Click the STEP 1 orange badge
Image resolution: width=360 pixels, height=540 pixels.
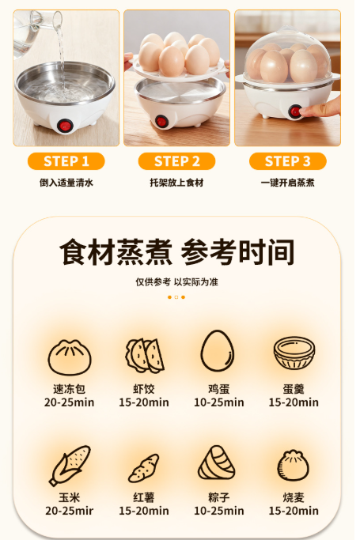click(66, 161)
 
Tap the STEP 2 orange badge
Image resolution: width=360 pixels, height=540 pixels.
click(176, 161)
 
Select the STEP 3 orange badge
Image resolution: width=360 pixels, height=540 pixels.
click(288, 161)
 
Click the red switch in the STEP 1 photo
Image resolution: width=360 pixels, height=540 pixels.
click(65, 126)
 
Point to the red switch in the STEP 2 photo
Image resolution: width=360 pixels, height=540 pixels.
click(161, 121)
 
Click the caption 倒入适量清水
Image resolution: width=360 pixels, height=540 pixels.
click(66, 183)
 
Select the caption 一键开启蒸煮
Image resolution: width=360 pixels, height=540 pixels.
click(288, 183)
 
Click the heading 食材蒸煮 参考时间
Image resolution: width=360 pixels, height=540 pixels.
click(176, 252)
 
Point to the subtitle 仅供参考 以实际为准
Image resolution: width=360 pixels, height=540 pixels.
click(176, 282)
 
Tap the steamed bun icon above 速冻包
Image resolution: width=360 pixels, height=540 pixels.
click(70, 357)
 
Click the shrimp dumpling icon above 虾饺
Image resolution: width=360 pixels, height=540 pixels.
click(145, 356)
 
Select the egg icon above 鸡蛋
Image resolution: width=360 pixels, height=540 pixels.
click(218, 350)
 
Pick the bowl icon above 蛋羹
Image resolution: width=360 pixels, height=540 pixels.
click(294, 353)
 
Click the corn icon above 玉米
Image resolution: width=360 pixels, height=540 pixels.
click(70, 465)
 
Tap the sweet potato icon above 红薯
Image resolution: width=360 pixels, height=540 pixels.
click(144, 468)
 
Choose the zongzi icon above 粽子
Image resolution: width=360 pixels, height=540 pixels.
click(217, 463)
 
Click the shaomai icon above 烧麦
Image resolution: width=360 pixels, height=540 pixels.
click(294, 465)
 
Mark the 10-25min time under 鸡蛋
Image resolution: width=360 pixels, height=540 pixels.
click(219, 402)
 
